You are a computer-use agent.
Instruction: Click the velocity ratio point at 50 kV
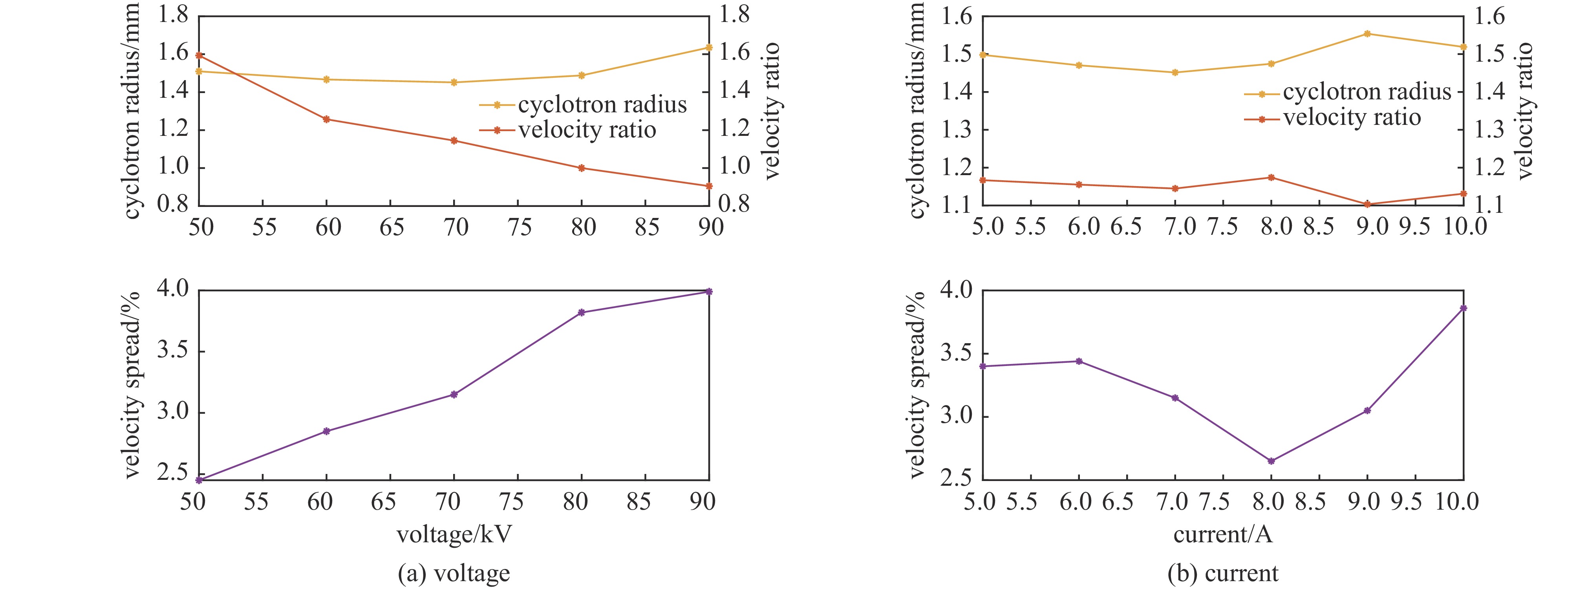point(199,55)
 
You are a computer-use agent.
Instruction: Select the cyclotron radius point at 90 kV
point(709,47)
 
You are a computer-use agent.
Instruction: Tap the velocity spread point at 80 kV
point(582,312)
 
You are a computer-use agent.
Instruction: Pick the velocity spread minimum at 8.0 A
point(1271,461)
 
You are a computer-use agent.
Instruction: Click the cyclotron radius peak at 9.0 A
point(1367,34)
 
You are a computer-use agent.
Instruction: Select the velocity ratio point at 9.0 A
point(1367,204)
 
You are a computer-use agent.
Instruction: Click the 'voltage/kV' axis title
point(454,534)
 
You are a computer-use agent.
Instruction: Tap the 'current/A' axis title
point(1222,534)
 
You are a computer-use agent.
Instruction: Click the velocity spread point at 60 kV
point(326,431)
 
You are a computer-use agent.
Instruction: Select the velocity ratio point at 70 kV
point(454,140)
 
